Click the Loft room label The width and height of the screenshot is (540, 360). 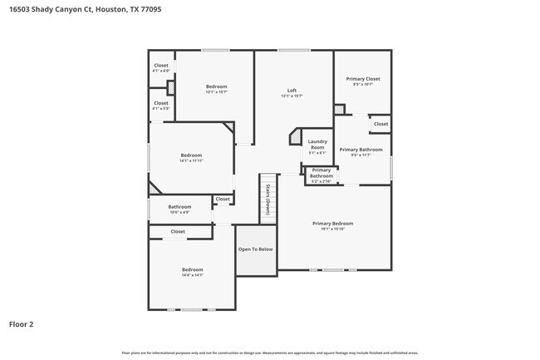[x=292, y=90]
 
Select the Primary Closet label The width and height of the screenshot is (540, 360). [x=362, y=79]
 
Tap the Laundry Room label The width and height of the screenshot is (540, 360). [x=317, y=144]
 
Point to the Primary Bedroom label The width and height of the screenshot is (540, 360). [x=332, y=223]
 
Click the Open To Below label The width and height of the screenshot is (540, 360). [x=255, y=249]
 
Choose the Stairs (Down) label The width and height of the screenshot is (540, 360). [x=268, y=200]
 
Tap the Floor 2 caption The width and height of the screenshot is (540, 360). [x=22, y=324]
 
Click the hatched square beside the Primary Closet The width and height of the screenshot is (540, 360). [x=339, y=109]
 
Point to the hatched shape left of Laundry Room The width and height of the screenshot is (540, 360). [x=294, y=136]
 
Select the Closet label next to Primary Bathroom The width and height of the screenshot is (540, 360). [x=380, y=124]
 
